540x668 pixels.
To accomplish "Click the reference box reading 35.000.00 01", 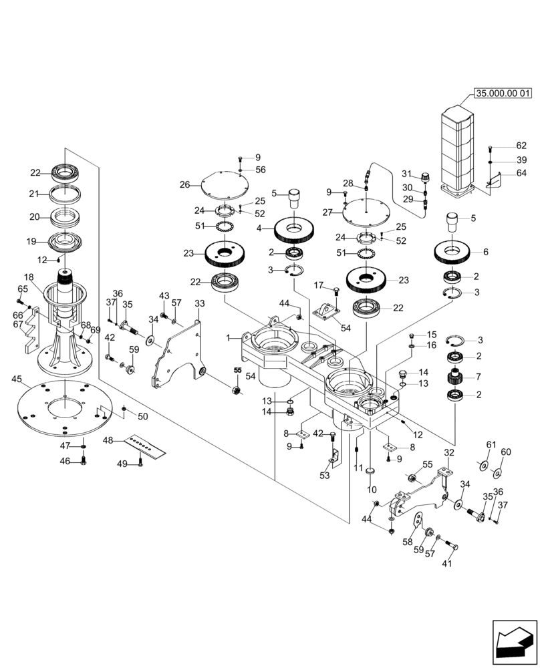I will point(503,93).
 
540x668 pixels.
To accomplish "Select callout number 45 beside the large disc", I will point(17,379).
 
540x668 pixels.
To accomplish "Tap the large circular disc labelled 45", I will point(64,408).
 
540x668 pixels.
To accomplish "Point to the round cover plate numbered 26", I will point(223,184).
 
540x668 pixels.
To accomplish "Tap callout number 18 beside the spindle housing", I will point(29,277).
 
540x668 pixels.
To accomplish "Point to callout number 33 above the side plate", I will point(199,303).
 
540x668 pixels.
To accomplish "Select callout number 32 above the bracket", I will point(448,452).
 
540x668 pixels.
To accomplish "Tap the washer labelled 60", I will point(497,474).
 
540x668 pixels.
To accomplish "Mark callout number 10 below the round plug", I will point(372,488).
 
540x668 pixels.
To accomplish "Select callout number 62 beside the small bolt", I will point(521,146).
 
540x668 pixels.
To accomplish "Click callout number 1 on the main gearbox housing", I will point(229,338).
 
